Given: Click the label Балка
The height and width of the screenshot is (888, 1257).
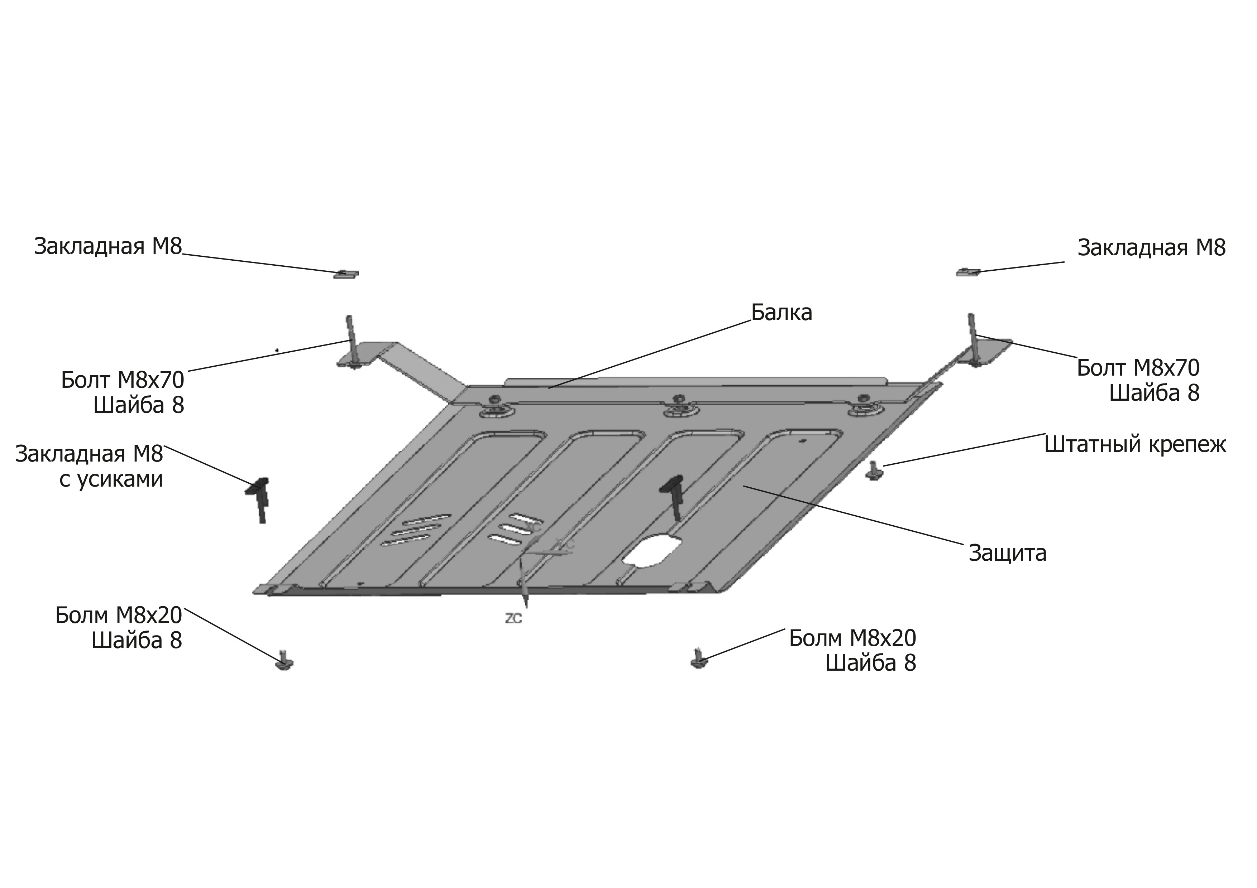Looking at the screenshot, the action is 781,313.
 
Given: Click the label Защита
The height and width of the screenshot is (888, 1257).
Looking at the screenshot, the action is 1007,554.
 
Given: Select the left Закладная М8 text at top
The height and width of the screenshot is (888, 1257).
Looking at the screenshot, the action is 108,247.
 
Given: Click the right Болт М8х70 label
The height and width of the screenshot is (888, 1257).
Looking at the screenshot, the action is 1138,368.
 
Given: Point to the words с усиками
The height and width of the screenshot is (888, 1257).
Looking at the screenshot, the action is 111,480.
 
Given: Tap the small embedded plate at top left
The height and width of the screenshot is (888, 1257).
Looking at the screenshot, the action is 346,274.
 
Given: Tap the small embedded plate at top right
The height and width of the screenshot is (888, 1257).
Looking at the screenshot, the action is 968,272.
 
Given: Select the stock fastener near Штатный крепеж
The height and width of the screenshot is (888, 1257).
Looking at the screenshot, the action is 873,471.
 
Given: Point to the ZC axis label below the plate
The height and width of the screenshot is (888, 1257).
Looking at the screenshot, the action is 513,619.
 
